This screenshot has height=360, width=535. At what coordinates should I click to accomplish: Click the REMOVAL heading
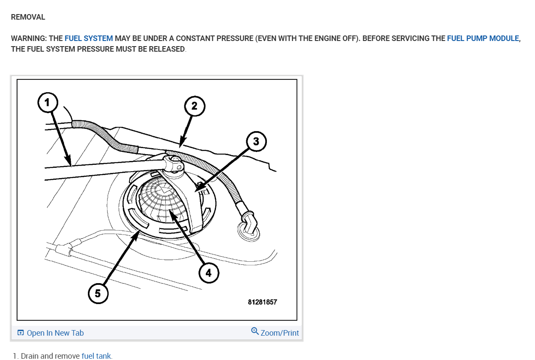tap(28, 18)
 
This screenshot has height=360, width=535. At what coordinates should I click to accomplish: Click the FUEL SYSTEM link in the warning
tap(89, 38)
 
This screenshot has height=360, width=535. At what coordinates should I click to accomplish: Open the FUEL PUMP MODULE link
tap(483, 38)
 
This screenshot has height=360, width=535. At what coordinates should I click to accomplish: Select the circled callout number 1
tap(47, 102)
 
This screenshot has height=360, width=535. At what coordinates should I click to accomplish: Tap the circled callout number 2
tap(194, 106)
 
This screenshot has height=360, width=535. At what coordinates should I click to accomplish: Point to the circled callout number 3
tap(256, 142)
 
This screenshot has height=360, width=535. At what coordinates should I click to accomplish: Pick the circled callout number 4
tap(208, 272)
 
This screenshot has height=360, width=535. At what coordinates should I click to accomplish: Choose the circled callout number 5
tap(98, 294)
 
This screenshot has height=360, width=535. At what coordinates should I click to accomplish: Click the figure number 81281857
tap(262, 302)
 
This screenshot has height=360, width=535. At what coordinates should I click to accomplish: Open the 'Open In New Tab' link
tap(55, 333)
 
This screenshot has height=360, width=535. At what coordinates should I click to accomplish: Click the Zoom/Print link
tap(280, 333)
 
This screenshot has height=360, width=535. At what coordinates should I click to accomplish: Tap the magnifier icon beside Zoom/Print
tap(255, 331)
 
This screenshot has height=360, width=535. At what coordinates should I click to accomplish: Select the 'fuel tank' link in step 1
tap(96, 356)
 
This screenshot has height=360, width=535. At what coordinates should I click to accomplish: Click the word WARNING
tap(28, 38)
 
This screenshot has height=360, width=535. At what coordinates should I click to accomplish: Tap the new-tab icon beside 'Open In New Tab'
tap(20, 333)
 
